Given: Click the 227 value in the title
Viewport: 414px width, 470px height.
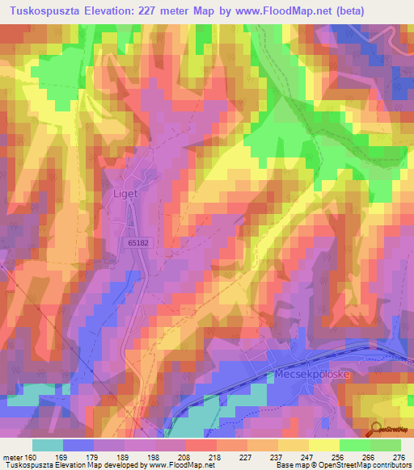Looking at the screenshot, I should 150,11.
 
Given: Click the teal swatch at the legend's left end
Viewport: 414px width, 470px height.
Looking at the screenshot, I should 48,445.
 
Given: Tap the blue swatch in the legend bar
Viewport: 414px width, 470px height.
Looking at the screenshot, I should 78,445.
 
